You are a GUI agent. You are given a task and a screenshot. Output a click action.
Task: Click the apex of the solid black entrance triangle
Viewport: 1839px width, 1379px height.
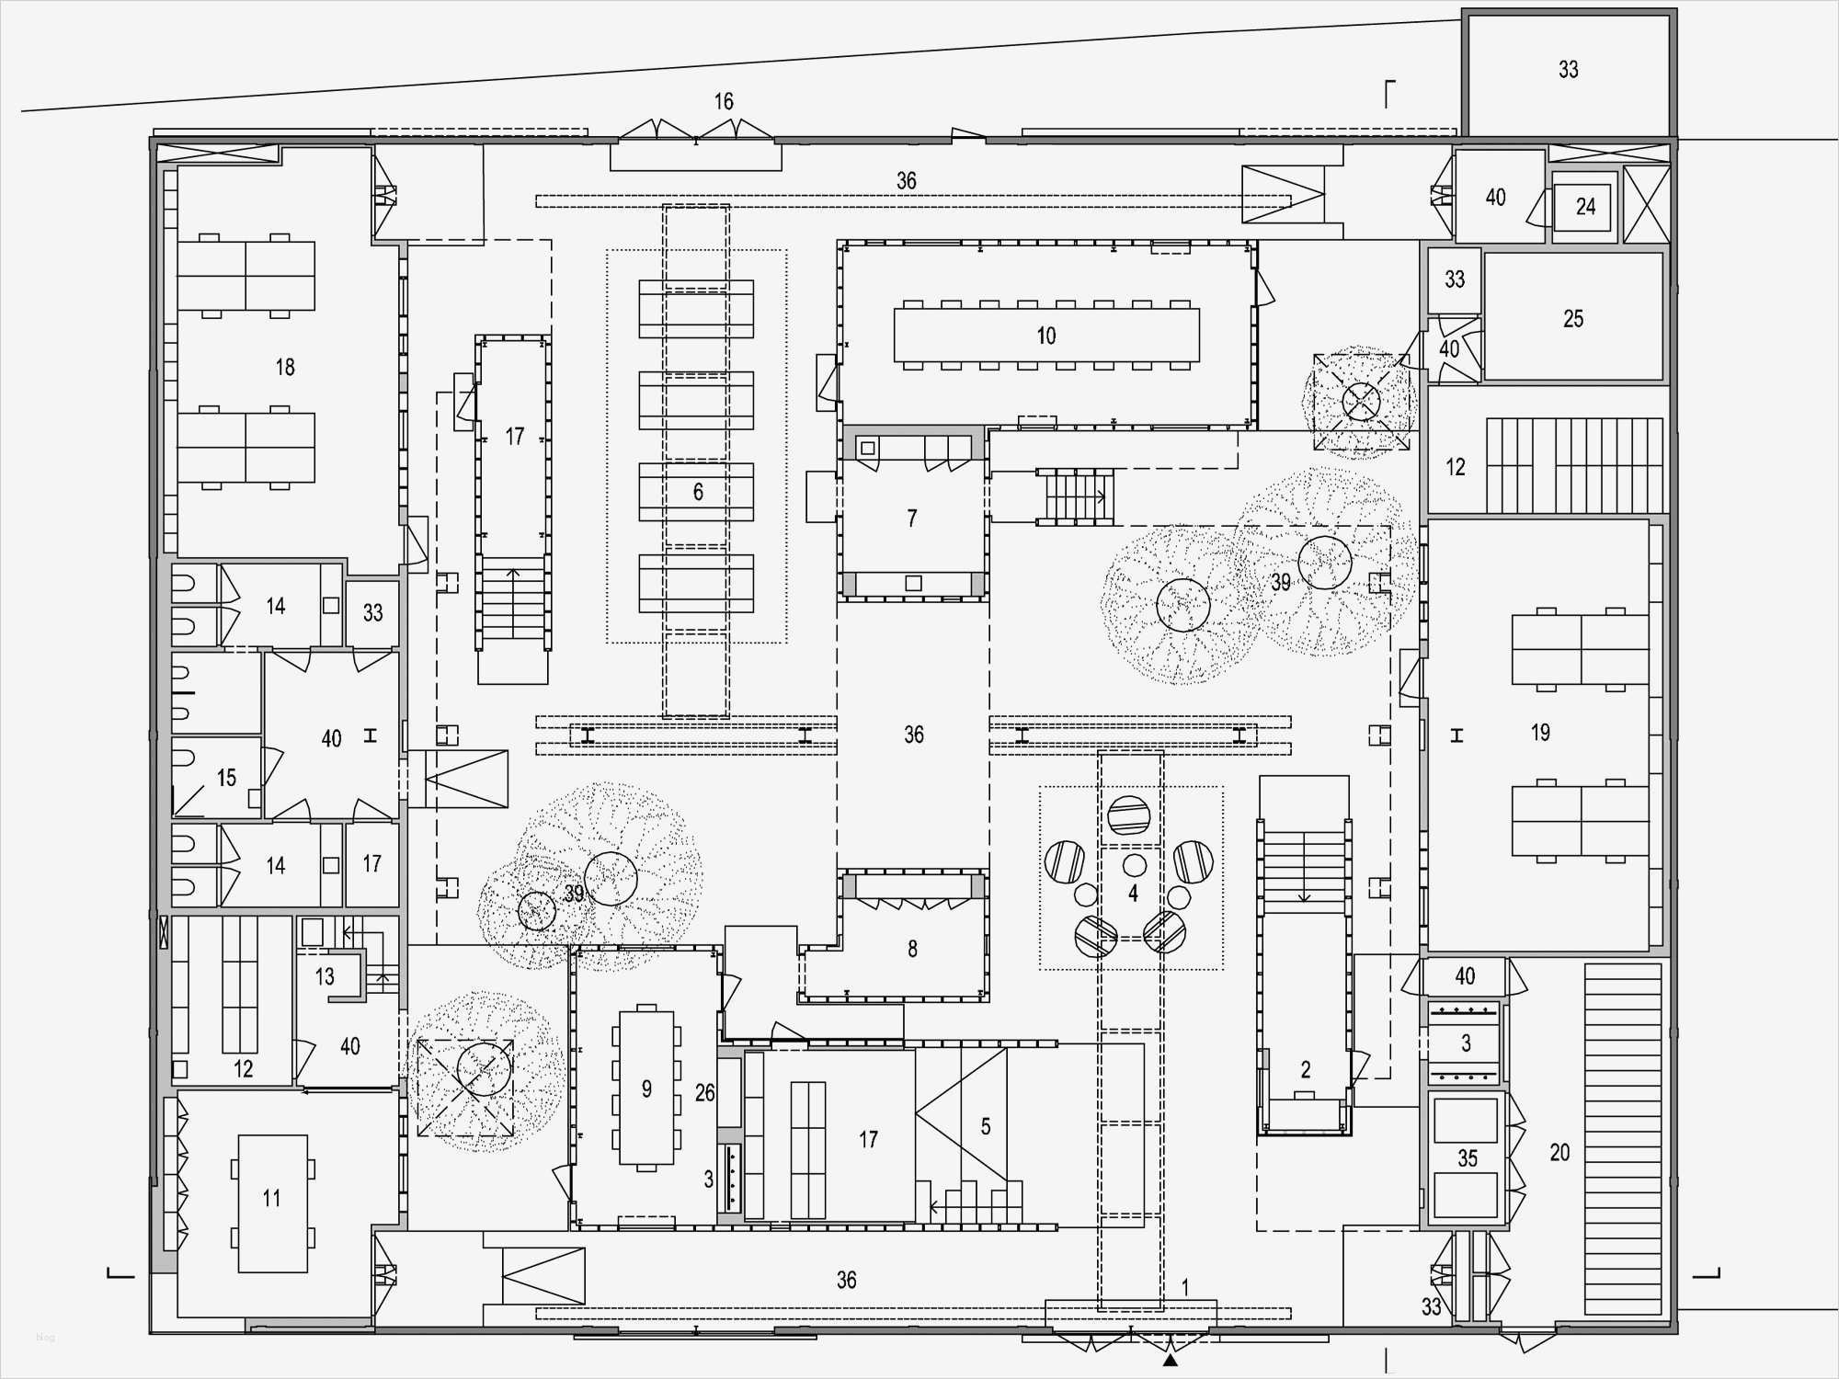tap(1170, 1353)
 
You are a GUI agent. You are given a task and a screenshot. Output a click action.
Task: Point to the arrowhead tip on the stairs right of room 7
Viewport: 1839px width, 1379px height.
tap(1105, 497)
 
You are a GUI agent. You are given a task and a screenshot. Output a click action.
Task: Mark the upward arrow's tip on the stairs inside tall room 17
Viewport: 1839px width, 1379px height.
tap(513, 569)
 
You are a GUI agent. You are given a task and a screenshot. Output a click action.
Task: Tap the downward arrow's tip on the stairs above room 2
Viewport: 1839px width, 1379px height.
tap(1304, 903)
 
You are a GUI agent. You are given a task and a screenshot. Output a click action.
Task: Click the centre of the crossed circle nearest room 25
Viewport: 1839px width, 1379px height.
tap(1362, 401)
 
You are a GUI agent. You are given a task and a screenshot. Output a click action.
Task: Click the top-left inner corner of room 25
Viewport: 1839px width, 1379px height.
tap(1487, 255)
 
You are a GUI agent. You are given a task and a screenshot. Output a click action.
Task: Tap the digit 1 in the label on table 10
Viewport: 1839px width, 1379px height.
tap(1041, 336)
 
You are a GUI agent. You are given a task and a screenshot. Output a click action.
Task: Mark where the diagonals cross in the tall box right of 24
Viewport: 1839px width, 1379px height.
tap(1646, 204)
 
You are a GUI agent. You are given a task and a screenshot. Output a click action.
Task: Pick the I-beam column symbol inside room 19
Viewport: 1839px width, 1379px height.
tap(1456, 735)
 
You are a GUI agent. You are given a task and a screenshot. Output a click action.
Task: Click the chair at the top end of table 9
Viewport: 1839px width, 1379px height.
tap(647, 1008)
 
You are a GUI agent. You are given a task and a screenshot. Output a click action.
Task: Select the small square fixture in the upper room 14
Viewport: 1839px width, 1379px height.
tap(331, 606)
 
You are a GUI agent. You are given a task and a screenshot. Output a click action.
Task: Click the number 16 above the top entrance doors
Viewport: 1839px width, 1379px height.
tap(724, 101)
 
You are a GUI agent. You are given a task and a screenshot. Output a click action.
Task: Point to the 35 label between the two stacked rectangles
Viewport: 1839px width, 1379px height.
tap(1468, 1158)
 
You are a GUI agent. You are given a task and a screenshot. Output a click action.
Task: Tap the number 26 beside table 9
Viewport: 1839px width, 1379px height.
tap(705, 1093)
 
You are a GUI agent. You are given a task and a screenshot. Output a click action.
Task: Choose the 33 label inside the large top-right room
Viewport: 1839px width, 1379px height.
tap(1569, 69)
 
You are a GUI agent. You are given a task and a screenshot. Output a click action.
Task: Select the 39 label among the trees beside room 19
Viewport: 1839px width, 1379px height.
tap(1281, 582)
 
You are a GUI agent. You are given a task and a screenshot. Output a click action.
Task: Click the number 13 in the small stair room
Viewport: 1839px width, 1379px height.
tap(325, 976)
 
